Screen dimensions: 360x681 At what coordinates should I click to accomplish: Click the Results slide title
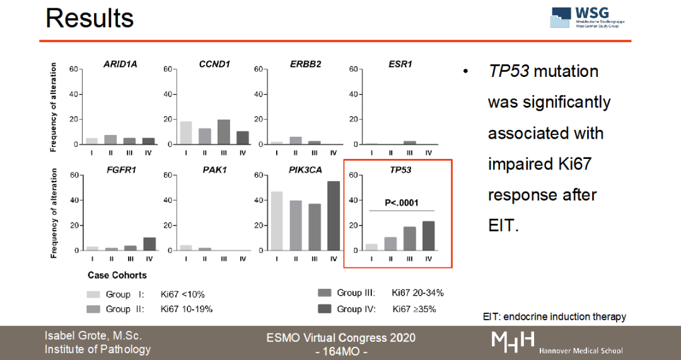coord(90,18)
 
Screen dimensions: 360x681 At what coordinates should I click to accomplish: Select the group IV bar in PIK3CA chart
coord(334,216)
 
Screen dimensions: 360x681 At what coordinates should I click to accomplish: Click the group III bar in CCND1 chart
coord(223,132)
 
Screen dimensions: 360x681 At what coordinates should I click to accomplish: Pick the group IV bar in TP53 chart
coord(428,236)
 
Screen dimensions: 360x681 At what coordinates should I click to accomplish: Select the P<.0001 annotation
coord(402,203)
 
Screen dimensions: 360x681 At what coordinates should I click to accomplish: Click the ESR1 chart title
coord(400,64)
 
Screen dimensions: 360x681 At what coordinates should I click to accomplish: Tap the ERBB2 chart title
coord(306,64)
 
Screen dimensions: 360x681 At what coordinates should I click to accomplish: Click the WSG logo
coord(588,18)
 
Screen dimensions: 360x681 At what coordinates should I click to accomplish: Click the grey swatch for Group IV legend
coord(325,309)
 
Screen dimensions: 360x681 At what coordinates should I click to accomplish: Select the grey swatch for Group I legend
coord(93,294)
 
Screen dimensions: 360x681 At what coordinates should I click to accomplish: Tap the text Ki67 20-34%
coord(417,293)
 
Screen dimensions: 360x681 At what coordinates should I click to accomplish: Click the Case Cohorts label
coord(117,276)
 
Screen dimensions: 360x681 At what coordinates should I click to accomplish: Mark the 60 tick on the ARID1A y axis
coord(73,69)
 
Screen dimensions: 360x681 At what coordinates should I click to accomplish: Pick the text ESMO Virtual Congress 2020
coord(341,338)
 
